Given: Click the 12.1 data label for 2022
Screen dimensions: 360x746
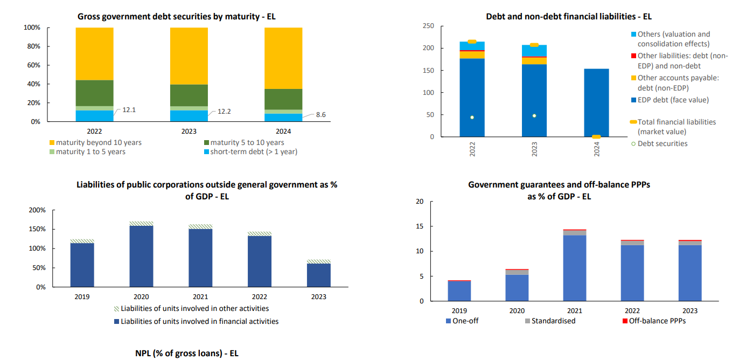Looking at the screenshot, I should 129,110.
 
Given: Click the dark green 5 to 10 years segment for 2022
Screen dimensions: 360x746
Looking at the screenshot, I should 94,93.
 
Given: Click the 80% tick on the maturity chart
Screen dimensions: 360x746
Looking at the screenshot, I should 32,46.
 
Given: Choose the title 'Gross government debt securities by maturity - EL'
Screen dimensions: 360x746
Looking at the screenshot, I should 177,17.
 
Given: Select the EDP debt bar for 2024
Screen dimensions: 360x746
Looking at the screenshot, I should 596,102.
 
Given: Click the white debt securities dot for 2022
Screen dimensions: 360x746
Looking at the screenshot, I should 472,117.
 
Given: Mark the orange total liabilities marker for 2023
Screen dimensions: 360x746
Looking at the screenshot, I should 534,45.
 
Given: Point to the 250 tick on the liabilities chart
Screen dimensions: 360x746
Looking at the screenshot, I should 428,26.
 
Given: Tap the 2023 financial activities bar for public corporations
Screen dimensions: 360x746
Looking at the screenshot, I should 319,275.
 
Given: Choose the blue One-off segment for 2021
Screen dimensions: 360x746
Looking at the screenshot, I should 574,268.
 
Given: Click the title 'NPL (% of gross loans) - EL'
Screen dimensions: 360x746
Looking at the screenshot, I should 186,354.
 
